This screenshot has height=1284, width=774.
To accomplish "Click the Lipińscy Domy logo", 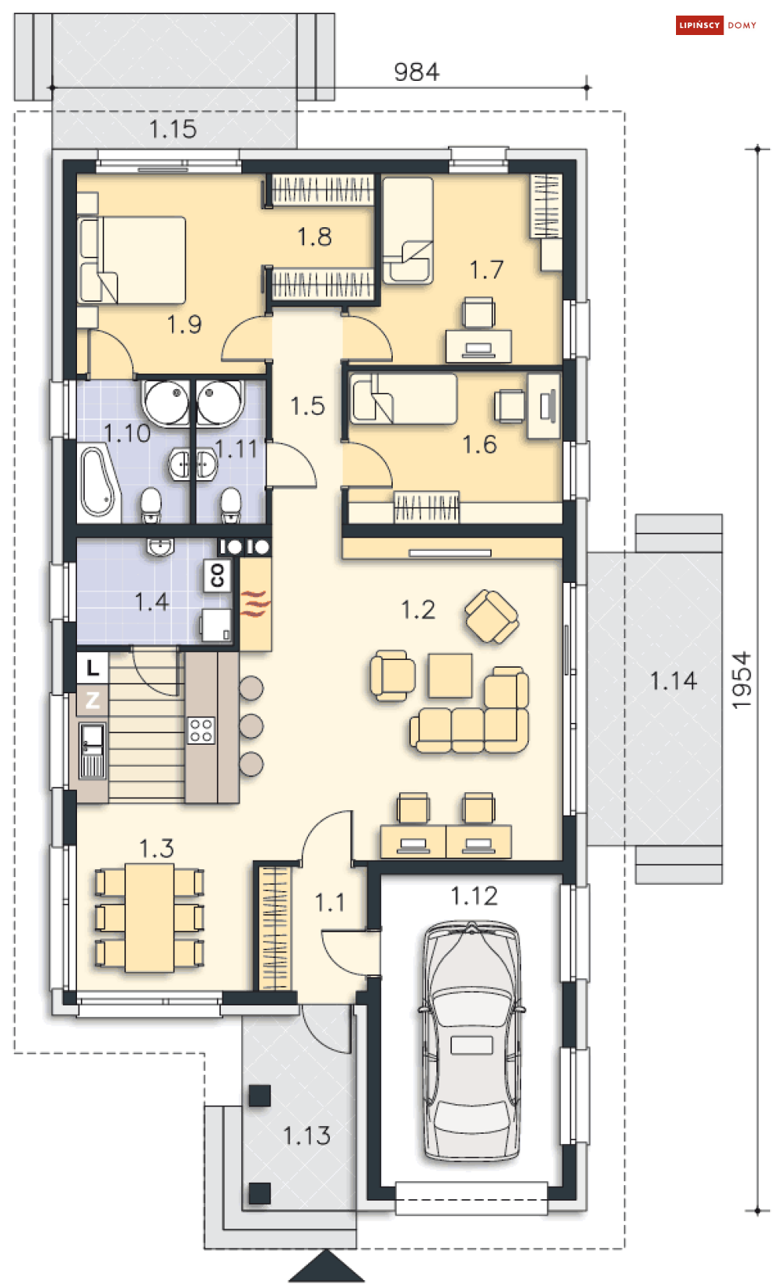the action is click(x=716, y=25).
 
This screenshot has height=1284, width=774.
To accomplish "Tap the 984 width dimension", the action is click(x=416, y=72).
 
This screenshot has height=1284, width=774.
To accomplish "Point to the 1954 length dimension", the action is click(x=741, y=680).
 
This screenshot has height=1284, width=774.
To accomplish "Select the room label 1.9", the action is click(x=184, y=325).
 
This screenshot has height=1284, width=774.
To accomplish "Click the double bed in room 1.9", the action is click(x=131, y=260).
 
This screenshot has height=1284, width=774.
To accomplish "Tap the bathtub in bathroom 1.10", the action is click(x=99, y=482).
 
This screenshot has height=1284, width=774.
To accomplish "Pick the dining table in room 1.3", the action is click(x=149, y=917).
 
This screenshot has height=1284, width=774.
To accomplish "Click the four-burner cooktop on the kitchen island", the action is click(x=201, y=730).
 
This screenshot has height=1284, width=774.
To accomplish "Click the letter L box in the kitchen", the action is click(x=93, y=667).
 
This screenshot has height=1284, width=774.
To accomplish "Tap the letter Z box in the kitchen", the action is click(x=93, y=700).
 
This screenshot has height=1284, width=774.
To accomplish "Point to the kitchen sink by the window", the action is click(x=93, y=751).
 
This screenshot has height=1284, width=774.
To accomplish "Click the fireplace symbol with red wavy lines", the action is click(x=254, y=604).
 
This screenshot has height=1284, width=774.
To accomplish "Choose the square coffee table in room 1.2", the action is click(x=450, y=675).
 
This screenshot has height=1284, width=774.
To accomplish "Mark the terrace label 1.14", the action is click(x=673, y=681).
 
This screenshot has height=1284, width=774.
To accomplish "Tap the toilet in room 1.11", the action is click(x=231, y=504).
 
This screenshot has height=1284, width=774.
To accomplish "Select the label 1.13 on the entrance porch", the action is click(x=307, y=1135).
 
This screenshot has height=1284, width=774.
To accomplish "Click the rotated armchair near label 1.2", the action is click(x=492, y=617).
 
